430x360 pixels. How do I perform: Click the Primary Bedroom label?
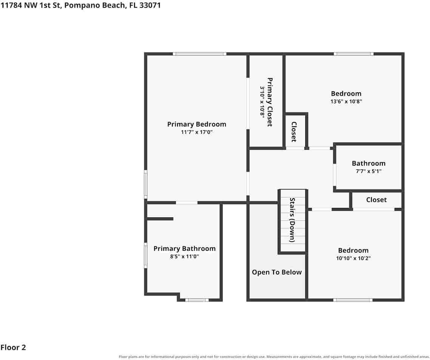(x=196, y=124)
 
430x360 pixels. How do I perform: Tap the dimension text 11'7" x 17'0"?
(x=196, y=132)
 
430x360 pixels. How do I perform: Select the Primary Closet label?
(x=270, y=102)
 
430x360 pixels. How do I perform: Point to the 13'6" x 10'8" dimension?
(x=346, y=101)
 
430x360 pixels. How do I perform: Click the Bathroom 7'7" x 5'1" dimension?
(x=368, y=171)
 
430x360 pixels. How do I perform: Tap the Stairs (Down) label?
(x=292, y=220)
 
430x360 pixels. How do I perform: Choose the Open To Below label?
(x=277, y=272)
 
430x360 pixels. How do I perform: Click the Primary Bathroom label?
(x=184, y=248)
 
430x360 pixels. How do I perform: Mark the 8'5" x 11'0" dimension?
(x=184, y=256)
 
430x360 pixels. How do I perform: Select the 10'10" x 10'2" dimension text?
(x=353, y=258)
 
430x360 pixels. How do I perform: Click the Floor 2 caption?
(x=13, y=348)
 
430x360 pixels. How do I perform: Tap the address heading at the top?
(x=80, y=5)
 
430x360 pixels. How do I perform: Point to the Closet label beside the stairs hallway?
(x=294, y=132)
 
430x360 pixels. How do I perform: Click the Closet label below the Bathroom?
(x=376, y=200)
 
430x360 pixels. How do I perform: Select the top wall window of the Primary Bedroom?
(x=200, y=54)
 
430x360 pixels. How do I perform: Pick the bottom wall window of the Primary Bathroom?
(x=197, y=300)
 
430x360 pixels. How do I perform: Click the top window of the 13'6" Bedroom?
(x=354, y=54)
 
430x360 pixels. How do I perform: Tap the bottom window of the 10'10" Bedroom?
(x=353, y=300)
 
